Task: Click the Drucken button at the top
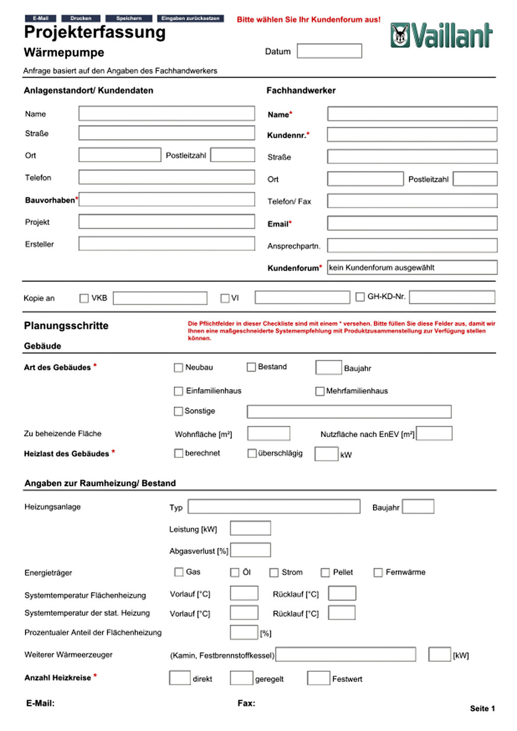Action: tap(81, 18)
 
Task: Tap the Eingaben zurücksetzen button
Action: tap(190, 18)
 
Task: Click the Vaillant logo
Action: tap(441, 36)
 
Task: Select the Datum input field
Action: tap(329, 51)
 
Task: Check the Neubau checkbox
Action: tap(178, 368)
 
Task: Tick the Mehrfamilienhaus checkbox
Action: tap(320, 391)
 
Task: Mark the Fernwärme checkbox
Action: tap(378, 572)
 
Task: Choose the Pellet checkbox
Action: tap(325, 572)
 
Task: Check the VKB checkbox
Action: tap(84, 298)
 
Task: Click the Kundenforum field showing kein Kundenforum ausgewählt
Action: tap(412, 267)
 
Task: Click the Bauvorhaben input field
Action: tap(167, 200)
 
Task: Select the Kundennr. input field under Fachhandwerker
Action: tap(412, 134)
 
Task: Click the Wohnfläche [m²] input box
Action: tap(269, 434)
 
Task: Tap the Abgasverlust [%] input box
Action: tap(250, 550)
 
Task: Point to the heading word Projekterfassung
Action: tap(95, 33)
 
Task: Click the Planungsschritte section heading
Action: tap(66, 326)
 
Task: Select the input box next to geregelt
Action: tap(241, 678)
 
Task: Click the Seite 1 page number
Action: tap(482, 708)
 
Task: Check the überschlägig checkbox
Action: tap(252, 453)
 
